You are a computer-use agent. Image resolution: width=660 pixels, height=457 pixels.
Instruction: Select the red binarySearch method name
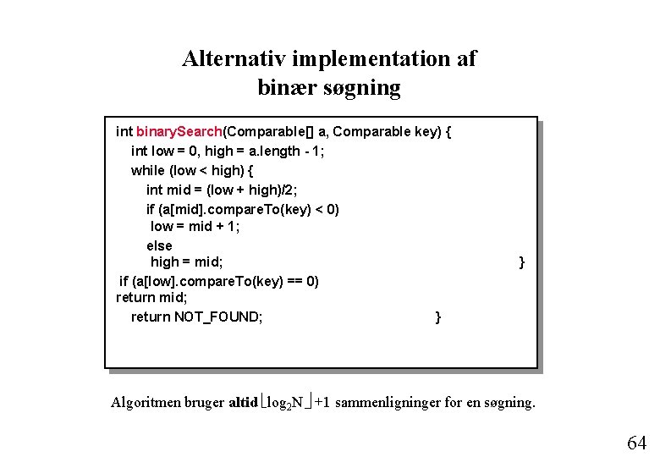click(x=179, y=132)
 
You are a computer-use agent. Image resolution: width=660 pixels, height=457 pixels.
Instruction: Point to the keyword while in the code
click(x=148, y=169)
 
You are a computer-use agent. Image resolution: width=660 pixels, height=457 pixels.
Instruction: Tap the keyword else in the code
click(x=159, y=245)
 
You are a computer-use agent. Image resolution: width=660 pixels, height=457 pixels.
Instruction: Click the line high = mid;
click(x=186, y=262)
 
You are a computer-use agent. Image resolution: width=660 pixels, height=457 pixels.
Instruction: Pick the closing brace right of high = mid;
click(x=521, y=262)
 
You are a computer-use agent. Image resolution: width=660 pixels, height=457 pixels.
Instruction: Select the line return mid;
click(x=151, y=298)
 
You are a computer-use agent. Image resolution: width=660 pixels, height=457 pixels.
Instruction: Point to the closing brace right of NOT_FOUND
click(x=437, y=317)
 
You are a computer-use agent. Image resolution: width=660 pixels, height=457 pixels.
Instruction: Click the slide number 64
click(x=637, y=443)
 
